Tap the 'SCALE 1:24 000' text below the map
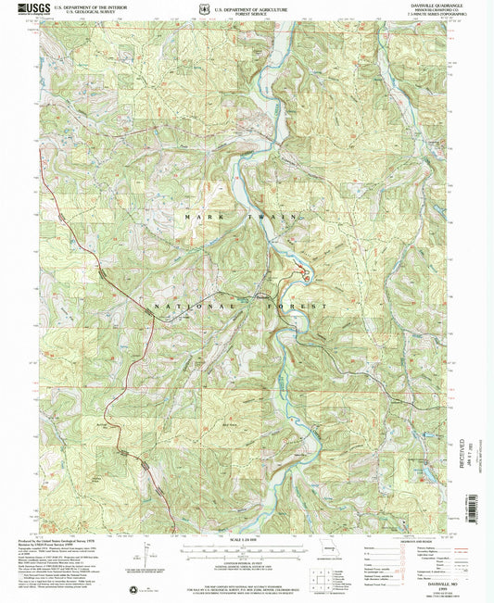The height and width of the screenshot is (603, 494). point(247,539)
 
